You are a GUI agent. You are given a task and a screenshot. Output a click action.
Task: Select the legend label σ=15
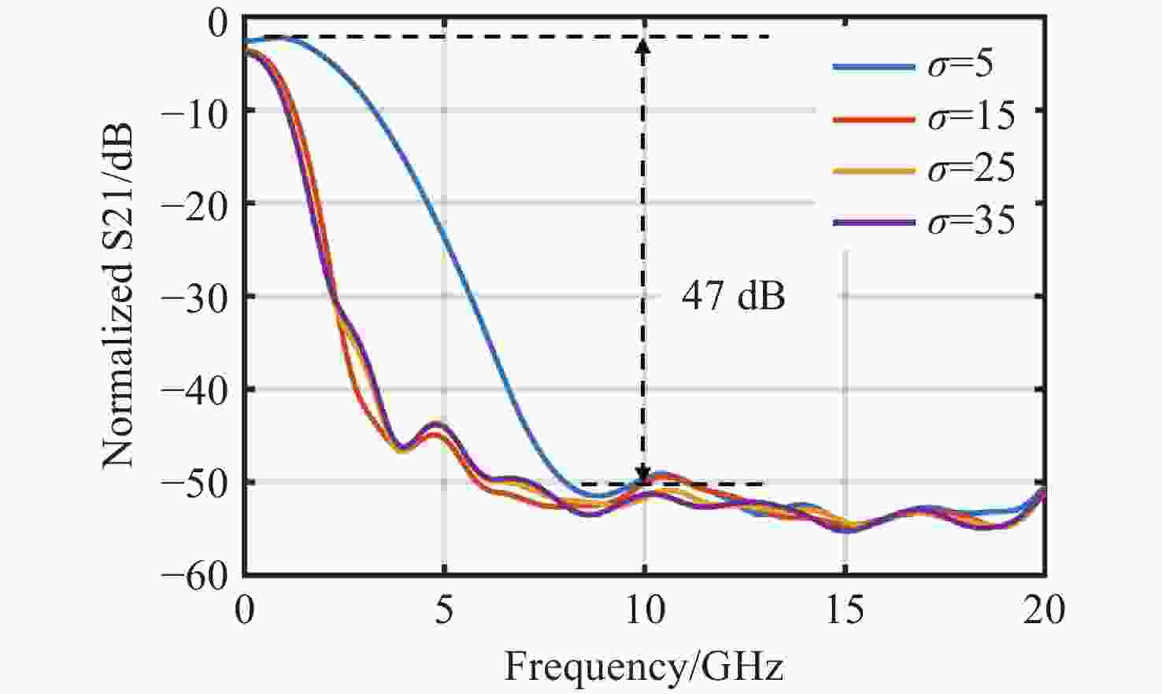(971, 116)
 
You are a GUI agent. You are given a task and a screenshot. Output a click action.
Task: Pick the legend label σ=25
(971, 169)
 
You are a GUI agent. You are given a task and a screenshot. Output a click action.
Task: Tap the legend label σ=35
(971, 222)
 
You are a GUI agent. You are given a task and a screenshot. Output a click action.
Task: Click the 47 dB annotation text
(733, 297)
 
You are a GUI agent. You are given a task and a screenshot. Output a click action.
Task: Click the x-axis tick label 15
(845, 611)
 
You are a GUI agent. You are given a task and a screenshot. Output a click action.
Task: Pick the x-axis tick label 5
(445, 611)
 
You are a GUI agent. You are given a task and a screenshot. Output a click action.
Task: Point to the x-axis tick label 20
(1044, 611)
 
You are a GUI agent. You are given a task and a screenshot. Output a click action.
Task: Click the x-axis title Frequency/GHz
(643, 666)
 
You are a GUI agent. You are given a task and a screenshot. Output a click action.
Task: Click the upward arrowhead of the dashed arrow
(644, 46)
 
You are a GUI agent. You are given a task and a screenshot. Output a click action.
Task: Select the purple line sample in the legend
(873, 223)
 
